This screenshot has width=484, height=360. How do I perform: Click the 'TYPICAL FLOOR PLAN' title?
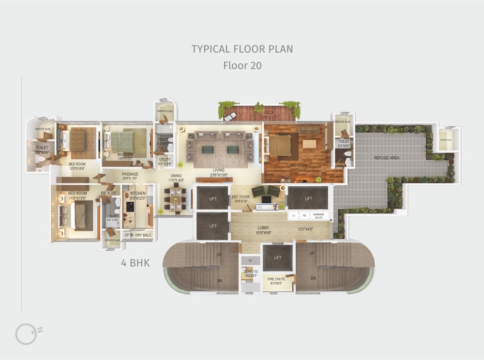point(242,49)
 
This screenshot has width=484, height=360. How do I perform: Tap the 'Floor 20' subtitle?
point(242,65)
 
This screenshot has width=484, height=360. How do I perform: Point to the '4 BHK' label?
point(135,263)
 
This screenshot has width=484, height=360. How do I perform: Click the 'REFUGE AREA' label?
point(387,158)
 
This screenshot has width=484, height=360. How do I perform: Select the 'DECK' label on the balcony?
point(269,112)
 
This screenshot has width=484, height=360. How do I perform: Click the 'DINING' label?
point(175,176)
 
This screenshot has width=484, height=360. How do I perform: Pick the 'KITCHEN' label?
point(137,194)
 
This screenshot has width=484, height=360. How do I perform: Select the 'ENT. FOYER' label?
point(241,197)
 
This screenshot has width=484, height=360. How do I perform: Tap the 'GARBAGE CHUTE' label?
point(318,216)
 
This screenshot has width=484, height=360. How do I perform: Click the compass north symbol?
point(26,333)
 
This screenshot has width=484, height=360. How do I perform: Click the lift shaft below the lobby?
point(277,258)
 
